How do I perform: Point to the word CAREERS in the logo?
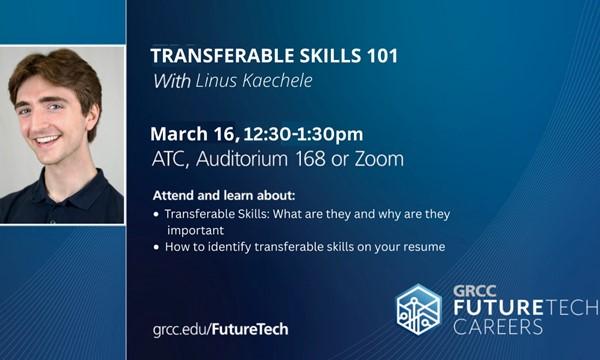[498, 327]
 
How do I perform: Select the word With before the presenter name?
[170, 81]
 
